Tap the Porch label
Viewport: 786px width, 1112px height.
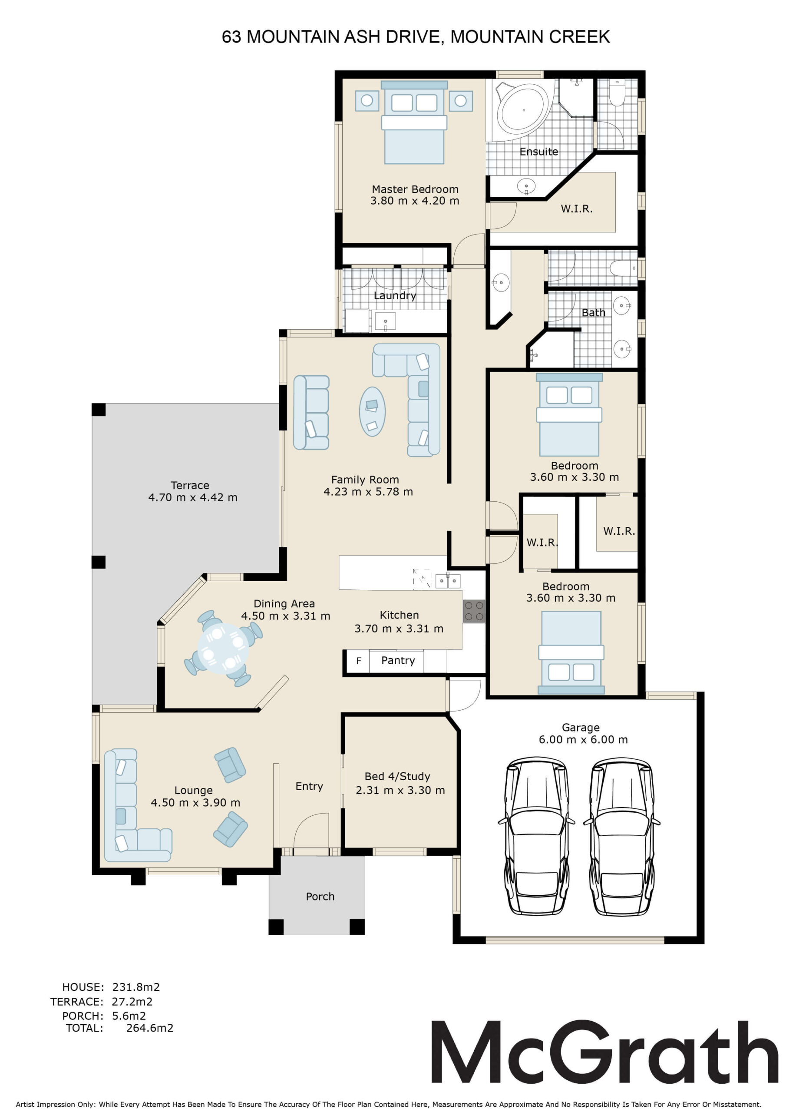(320, 897)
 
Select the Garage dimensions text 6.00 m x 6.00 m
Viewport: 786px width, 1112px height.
(583, 740)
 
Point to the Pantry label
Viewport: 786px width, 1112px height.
(398, 661)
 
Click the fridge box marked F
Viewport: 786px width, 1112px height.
(358, 661)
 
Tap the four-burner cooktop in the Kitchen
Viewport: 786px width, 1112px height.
(474, 611)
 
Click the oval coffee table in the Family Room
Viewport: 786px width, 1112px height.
(373, 411)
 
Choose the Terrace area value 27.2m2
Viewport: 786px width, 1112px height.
(132, 1002)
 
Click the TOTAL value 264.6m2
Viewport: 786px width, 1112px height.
(150, 1028)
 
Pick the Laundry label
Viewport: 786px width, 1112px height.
(395, 296)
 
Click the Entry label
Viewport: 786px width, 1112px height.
(309, 787)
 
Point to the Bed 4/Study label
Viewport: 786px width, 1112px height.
(397, 776)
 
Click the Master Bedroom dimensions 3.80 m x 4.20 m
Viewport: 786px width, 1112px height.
(415, 201)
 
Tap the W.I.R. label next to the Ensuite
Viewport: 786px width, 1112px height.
(576, 209)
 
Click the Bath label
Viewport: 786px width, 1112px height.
(593, 313)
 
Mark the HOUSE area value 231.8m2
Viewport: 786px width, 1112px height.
(136, 987)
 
